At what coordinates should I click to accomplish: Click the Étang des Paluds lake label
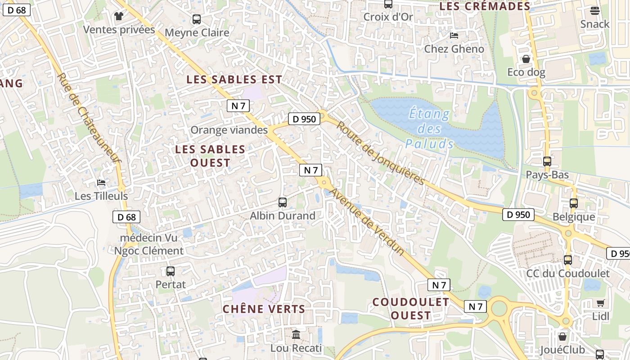(429, 129)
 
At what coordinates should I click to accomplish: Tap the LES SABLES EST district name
(234, 80)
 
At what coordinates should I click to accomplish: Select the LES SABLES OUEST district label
(210, 156)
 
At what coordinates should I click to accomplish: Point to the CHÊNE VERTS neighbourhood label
(264, 309)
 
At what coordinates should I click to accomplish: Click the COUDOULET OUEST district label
(410, 309)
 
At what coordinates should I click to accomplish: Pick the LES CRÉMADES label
(485, 6)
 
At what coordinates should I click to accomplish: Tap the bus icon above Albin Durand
(283, 202)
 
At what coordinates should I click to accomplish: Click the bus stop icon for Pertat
(171, 271)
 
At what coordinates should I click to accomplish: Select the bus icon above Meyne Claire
(197, 19)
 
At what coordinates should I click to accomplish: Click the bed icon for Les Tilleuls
(101, 183)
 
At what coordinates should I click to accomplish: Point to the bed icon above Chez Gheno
(454, 36)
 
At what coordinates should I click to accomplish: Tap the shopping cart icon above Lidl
(600, 303)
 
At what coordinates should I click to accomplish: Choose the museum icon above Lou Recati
(296, 334)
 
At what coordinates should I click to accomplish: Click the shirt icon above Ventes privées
(119, 16)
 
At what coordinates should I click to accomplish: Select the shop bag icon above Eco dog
(526, 59)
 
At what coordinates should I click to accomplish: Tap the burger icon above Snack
(594, 11)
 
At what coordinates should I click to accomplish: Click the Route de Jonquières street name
(381, 153)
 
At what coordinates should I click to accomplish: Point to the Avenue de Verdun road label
(367, 222)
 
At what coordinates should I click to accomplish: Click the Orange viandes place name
(229, 130)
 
